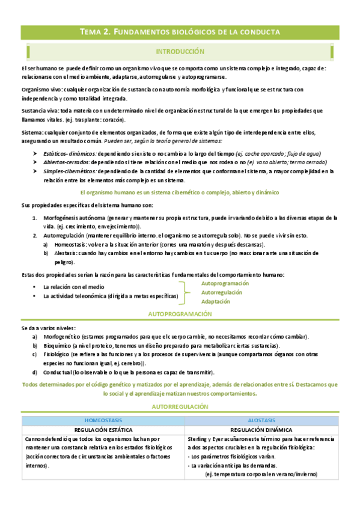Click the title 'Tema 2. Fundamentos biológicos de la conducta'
(180, 32)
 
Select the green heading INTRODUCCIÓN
(180, 52)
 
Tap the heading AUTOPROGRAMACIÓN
(180, 315)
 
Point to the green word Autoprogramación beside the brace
(225, 283)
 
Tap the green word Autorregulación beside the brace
(222, 292)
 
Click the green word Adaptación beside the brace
(215, 301)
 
